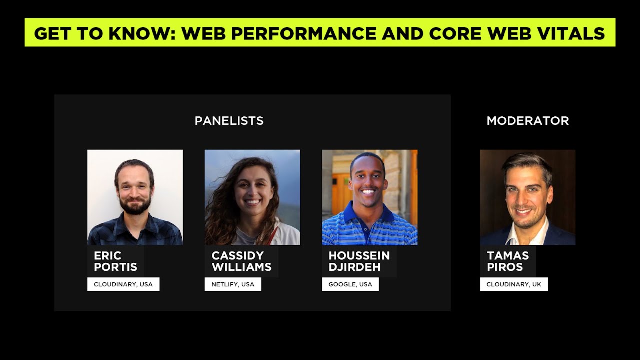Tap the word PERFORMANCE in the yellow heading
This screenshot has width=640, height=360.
tap(303, 33)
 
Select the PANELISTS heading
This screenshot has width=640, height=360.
tap(229, 121)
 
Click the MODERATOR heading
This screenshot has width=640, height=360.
tap(527, 121)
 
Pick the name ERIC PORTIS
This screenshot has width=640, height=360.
tap(115, 261)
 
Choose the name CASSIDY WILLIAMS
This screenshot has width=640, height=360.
tap(241, 261)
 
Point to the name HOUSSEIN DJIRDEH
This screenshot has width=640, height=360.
tap(359, 261)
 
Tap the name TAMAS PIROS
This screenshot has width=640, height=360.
tap(508, 261)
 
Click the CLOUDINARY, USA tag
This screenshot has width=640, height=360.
tap(123, 284)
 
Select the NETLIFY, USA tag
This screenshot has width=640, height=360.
tap(233, 284)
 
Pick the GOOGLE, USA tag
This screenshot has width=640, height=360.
tap(350, 284)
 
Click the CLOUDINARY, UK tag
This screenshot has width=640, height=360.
tap(513, 284)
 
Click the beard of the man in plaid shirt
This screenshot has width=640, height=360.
tap(135, 205)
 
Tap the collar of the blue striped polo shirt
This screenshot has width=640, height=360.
tap(368, 213)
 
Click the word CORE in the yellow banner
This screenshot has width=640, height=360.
tap(455, 33)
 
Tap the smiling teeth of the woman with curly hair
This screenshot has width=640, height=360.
tap(253, 202)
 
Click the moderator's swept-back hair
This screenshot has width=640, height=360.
tap(527, 163)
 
